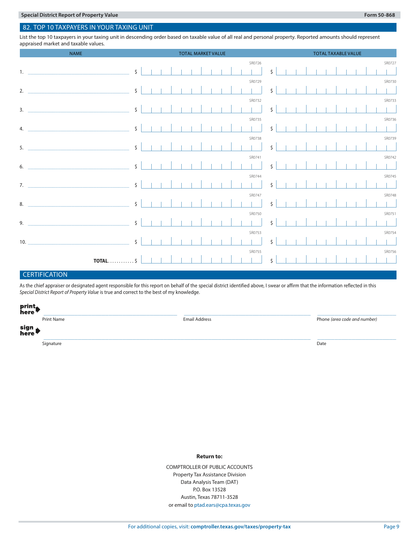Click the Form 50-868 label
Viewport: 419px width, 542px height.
[379, 15]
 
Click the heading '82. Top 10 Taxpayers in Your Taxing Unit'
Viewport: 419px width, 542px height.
[88, 27]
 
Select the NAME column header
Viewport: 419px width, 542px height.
[75, 53]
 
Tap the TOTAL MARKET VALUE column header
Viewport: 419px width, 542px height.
[202, 53]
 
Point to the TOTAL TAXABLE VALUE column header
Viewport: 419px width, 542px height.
[337, 53]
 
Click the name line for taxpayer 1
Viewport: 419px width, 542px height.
[79, 72]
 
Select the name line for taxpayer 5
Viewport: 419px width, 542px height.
[79, 148]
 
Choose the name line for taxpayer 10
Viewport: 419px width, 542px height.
[79, 242]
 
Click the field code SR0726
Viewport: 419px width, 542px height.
[255, 63]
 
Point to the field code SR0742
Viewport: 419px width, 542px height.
[390, 157]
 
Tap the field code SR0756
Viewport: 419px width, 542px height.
[390, 252]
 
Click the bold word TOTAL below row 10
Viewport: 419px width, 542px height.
[101, 261]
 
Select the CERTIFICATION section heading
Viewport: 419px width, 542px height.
[45, 275]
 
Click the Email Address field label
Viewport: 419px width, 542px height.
[197, 319]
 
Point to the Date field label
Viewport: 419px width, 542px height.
[322, 343]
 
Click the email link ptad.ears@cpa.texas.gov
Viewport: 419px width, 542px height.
[222, 505]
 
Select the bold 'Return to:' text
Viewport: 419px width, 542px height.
[209, 457]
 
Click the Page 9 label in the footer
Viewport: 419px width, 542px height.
[391, 527]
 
